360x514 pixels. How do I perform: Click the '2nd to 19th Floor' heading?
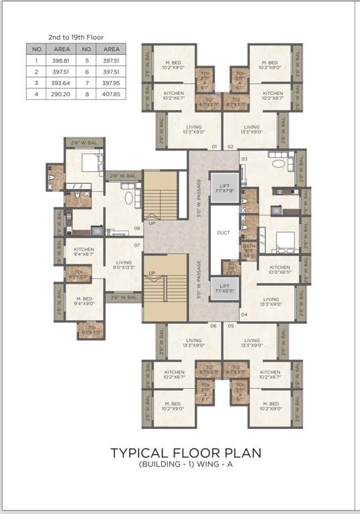click(x=76, y=37)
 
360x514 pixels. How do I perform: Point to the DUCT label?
click(x=224, y=234)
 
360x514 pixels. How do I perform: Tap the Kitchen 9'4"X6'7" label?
click(x=84, y=252)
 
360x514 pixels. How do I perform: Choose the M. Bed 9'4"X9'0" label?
click(x=84, y=301)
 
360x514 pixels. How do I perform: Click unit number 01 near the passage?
click(x=215, y=146)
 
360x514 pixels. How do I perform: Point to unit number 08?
click(x=137, y=228)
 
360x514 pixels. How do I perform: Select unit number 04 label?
click(x=244, y=314)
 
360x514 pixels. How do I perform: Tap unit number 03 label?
click(x=244, y=159)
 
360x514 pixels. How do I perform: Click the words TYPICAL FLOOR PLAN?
click(x=186, y=454)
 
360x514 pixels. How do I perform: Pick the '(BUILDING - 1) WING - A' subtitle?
click(x=186, y=465)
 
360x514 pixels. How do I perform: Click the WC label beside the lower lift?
click(x=231, y=266)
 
